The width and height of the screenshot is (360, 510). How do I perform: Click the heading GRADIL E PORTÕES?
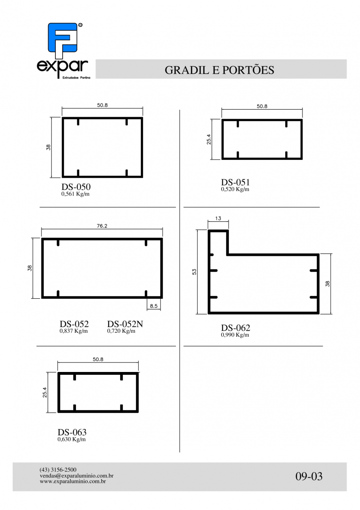[x=219, y=70]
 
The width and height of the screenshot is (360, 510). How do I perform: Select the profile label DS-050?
[x=76, y=187]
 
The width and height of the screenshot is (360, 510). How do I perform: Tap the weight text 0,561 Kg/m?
[x=75, y=194]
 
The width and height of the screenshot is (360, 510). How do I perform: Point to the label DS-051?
[x=235, y=182]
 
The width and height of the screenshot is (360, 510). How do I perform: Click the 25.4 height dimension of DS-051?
[x=209, y=139]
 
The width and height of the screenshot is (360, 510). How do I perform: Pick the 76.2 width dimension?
[x=102, y=226]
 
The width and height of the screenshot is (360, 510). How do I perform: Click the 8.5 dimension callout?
[x=154, y=306]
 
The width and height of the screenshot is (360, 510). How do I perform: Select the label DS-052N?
[x=125, y=324]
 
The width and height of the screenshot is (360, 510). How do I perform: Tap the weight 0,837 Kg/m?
[x=74, y=331]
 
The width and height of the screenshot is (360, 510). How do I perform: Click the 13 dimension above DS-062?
[x=218, y=218]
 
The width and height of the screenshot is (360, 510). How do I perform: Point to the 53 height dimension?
[x=194, y=272]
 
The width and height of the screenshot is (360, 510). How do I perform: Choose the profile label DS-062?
[x=235, y=328]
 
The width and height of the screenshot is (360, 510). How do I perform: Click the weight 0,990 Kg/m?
[x=235, y=335]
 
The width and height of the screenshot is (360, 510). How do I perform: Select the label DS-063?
[x=72, y=432]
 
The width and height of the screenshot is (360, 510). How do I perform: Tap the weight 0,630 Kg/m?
[x=72, y=439]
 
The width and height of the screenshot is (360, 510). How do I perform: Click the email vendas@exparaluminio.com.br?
[x=76, y=476]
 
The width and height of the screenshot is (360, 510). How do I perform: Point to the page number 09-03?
[x=309, y=476]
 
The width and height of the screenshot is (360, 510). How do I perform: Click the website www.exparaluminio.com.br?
[x=72, y=481]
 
